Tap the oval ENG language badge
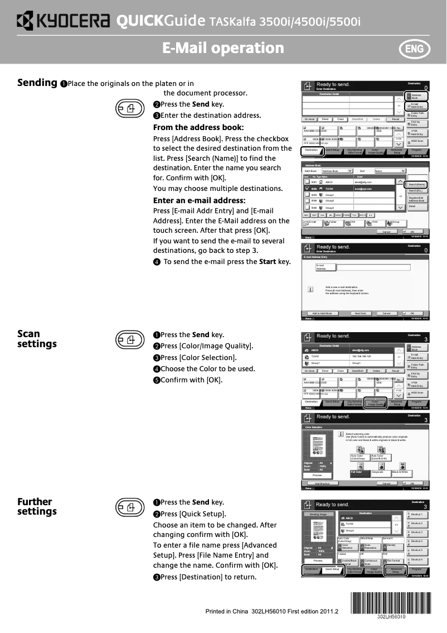(x=414, y=49)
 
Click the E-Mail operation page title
(x=223, y=49)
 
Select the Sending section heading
(x=37, y=83)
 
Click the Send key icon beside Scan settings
(x=128, y=339)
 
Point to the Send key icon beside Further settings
(x=128, y=507)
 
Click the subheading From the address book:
(x=198, y=127)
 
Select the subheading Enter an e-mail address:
(x=200, y=200)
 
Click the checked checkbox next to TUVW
(x=307, y=189)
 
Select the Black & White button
(x=401, y=472)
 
